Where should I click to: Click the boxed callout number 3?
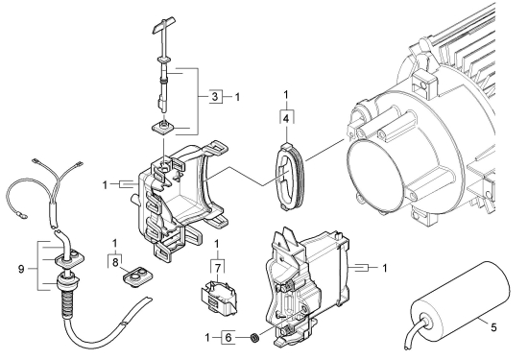[x=215, y=97]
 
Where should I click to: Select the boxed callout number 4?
[x=286, y=118]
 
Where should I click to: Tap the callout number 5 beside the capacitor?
[x=493, y=327]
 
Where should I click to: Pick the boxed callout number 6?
[x=228, y=337]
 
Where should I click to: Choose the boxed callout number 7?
[x=217, y=269]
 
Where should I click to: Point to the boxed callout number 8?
[x=115, y=262]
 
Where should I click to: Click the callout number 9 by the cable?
[x=21, y=269]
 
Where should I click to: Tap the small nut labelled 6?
[x=254, y=337]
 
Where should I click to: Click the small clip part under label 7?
[x=219, y=298]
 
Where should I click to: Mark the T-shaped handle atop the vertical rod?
[x=163, y=27]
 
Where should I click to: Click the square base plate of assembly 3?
[x=162, y=128]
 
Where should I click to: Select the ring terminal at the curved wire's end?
[x=23, y=214]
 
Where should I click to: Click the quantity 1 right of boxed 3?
[x=237, y=97]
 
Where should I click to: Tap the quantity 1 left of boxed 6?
[x=207, y=337]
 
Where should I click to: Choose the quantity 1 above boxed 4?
[x=286, y=95]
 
